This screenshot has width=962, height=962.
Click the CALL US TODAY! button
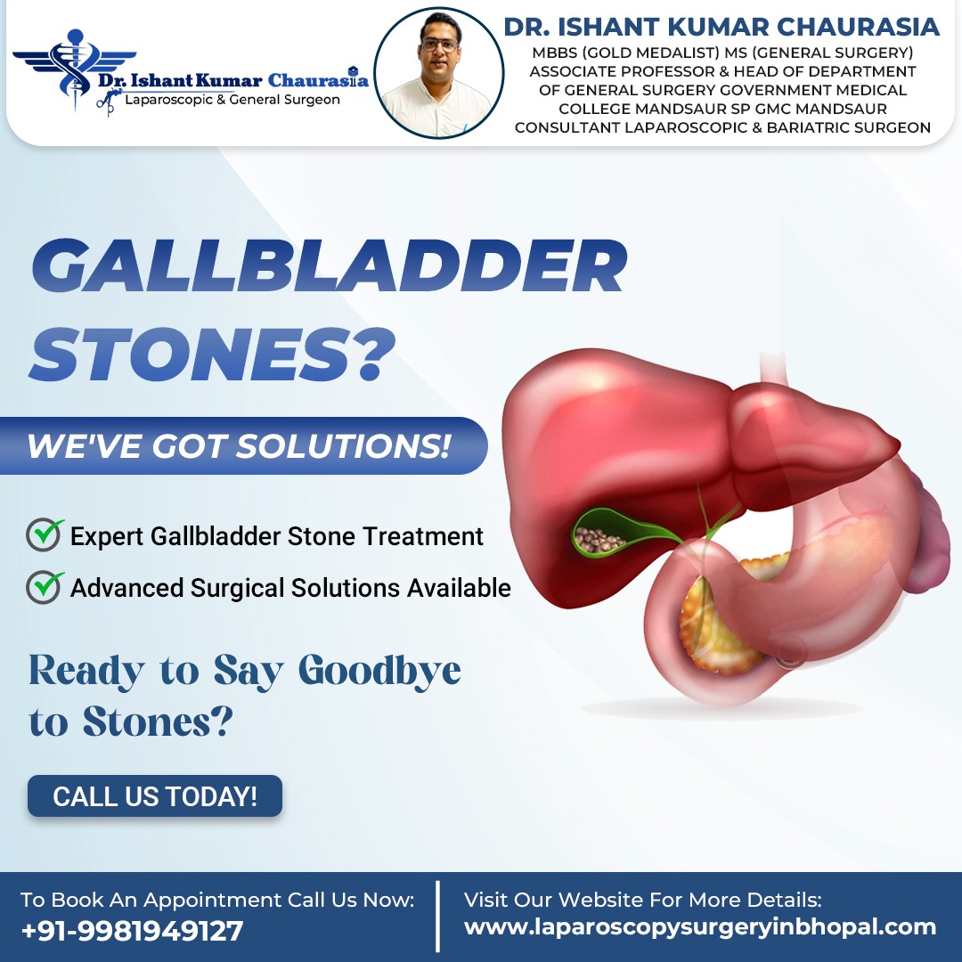click(x=155, y=796)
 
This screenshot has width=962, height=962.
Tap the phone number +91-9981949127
click(x=132, y=931)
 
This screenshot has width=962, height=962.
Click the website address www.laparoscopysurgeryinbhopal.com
click(x=700, y=927)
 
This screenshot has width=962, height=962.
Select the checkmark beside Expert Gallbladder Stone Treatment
click(x=45, y=534)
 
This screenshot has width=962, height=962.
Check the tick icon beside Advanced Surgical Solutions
click(x=45, y=587)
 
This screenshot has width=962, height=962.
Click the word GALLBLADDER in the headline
click(x=330, y=266)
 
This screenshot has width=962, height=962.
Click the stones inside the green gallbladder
click(x=598, y=539)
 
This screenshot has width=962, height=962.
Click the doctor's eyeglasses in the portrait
click(x=439, y=45)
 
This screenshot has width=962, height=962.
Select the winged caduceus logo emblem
click(x=74, y=68)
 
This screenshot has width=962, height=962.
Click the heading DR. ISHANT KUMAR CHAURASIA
click(x=721, y=27)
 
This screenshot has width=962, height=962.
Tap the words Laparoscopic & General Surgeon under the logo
click(x=232, y=100)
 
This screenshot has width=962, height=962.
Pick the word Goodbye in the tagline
click(x=379, y=672)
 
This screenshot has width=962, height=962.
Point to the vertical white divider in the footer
click(x=437, y=917)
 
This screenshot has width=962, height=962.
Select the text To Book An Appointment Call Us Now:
click(x=217, y=900)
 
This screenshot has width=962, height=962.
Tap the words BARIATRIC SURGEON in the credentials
click(x=849, y=127)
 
